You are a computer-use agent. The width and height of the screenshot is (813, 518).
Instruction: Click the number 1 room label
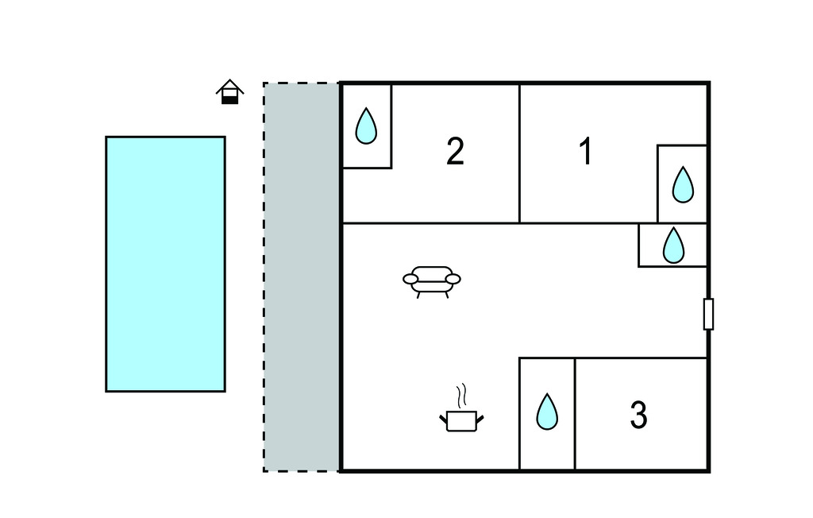tap(586, 152)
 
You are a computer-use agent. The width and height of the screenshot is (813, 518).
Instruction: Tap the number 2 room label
tap(455, 152)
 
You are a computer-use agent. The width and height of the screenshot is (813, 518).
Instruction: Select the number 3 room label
tap(638, 415)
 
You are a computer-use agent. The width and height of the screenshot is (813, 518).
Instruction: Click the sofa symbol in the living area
tap(432, 280)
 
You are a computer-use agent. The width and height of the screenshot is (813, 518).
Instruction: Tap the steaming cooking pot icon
tap(461, 418)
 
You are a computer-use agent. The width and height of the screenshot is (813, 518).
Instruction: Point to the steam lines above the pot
tap(461, 395)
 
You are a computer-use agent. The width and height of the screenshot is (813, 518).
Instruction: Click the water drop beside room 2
tap(365, 126)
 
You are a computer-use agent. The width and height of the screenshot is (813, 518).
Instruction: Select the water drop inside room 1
tap(683, 184)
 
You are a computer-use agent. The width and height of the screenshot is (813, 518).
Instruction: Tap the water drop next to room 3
tap(546, 412)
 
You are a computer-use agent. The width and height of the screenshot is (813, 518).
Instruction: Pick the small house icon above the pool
tap(229, 92)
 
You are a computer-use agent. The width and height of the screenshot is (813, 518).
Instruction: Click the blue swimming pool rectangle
tap(165, 264)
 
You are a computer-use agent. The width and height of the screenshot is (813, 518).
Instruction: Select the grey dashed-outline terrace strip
tap(302, 276)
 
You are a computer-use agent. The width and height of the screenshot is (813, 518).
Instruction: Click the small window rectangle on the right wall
tap(708, 314)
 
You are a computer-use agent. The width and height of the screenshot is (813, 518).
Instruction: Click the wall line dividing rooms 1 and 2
tap(519, 153)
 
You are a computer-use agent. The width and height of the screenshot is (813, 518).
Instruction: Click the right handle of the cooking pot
tap(480, 416)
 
